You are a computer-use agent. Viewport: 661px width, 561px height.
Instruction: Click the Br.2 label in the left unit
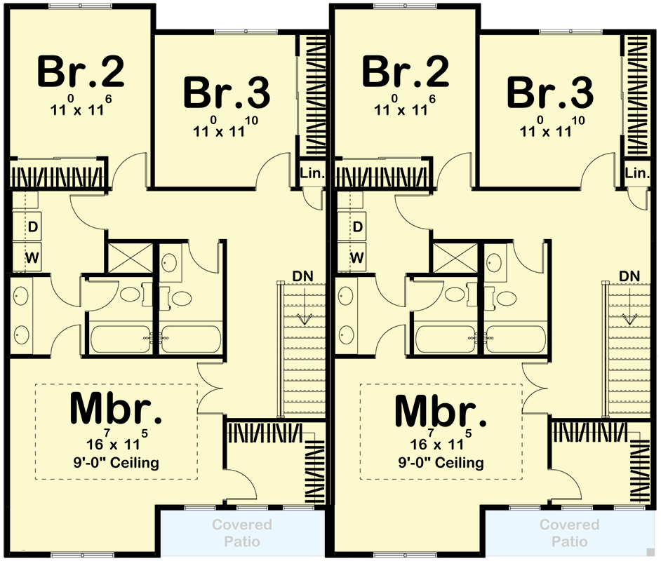[x=81, y=72]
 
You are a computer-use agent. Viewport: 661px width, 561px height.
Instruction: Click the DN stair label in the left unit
[x=304, y=275]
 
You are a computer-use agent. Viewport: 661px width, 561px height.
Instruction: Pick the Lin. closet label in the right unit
[x=636, y=173]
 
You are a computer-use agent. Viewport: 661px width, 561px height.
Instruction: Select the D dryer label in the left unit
[x=32, y=227]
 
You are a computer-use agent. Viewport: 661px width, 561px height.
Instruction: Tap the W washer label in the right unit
[x=357, y=257]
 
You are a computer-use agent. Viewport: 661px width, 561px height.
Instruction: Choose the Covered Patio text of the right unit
[x=569, y=533]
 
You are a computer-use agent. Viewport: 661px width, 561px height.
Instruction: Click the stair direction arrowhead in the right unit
[x=629, y=320]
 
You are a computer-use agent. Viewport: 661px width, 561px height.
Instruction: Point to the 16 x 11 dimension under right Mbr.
[x=440, y=443]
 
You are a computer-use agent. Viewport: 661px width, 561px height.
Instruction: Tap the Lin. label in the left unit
[x=312, y=173]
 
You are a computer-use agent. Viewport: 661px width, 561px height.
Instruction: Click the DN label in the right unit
[x=629, y=275]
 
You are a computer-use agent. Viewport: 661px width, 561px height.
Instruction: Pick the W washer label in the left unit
[x=32, y=257]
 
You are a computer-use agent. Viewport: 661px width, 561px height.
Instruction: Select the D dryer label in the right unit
[x=357, y=227]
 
